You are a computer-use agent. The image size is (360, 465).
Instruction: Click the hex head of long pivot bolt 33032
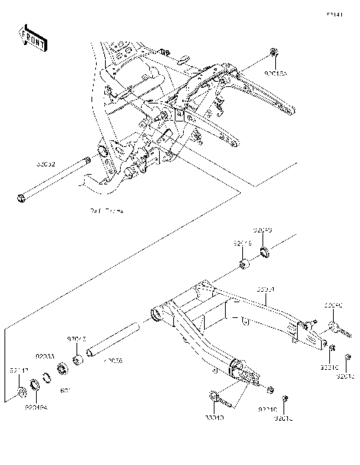click(x=19, y=199)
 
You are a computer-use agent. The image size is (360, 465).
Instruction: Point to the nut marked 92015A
click(x=274, y=53)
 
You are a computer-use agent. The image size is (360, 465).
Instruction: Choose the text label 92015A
click(x=275, y=75)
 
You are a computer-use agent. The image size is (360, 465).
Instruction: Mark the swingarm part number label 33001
click(x=267, y=289)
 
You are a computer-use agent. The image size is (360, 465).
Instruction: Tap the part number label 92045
click(x=78, y=338)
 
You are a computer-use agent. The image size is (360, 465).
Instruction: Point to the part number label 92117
click(x=18, y=370)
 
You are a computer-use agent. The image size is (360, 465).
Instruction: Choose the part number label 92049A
click(x=35, y=408)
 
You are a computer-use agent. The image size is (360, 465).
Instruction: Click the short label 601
click(x=65, y=391)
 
